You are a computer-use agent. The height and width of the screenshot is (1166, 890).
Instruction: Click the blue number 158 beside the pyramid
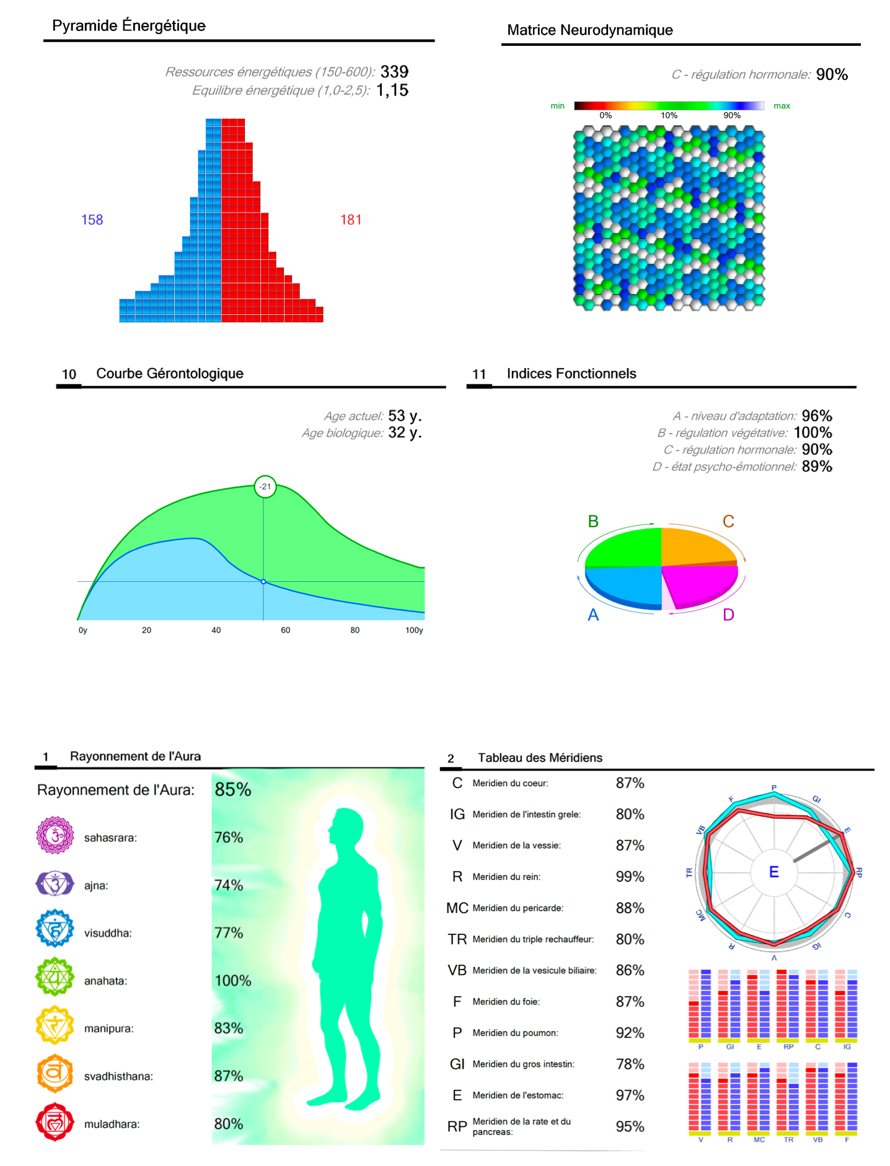pos(92,220)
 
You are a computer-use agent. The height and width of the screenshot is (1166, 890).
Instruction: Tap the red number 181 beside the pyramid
pos(351,220)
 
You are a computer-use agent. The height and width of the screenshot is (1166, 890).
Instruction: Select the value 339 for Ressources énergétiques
pos(394,72)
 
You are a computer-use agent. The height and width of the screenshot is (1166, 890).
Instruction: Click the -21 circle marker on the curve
pos(265,486)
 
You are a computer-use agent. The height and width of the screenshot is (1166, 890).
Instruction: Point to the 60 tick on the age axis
pos(285,630)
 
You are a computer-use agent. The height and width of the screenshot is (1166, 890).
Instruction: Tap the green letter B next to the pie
pos(593,522)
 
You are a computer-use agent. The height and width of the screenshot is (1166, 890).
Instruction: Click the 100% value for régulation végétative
pos(813,432)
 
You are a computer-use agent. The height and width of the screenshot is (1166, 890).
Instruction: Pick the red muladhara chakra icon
pos(55,1122)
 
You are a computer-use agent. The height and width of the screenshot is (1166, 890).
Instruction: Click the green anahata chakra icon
pos(55,979)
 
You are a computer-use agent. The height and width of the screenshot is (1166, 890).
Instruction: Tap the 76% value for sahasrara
pos(229,838)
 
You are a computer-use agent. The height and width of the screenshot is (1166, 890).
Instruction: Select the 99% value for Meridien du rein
pos(630,877)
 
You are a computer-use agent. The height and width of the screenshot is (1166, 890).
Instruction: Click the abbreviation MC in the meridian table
pos(457,908)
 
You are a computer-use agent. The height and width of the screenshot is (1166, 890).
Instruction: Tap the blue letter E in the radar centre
pos(773,872)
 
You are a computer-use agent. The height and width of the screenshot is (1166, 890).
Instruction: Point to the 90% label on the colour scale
pos(731,116)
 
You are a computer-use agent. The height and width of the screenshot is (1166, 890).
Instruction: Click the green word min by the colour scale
pos(557,106)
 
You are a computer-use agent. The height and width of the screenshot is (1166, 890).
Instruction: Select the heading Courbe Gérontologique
pos(170,374)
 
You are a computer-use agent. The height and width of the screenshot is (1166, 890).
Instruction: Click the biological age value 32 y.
pos(405,432)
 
